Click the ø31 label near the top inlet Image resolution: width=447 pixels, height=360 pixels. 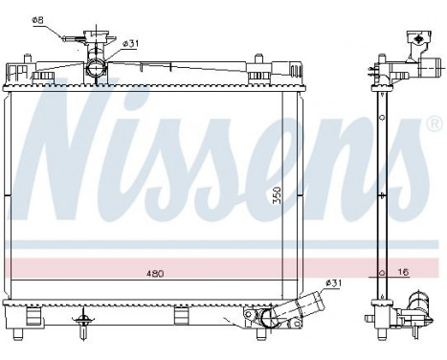point(131,43)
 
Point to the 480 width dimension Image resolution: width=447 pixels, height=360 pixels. point(156,274)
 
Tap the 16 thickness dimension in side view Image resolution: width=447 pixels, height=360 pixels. point(404,273)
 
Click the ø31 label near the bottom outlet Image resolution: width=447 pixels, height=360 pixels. point(333,282)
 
